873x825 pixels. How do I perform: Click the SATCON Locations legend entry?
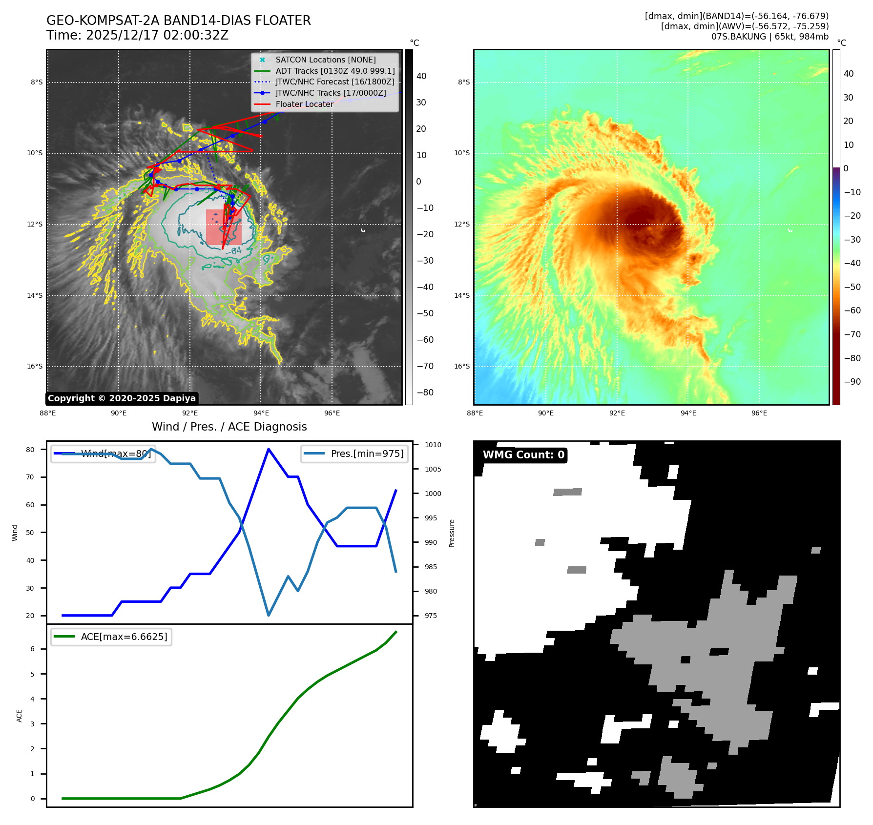point(325,60)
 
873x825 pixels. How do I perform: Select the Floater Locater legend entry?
point(304,104)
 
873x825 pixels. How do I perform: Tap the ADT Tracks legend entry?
point(335,71)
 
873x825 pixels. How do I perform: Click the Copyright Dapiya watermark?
point(122,398)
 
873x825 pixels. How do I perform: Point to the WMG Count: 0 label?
point(523,455)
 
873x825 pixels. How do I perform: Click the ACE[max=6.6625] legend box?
point(111,637)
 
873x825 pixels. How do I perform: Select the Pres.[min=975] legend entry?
point(354,454)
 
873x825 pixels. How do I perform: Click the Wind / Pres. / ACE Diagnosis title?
point(229,427)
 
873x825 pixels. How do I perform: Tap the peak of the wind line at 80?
point(269,449)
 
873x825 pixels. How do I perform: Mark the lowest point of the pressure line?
point(269,615)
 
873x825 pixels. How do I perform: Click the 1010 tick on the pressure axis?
point(433,445)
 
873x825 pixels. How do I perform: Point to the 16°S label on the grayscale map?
point(35,366)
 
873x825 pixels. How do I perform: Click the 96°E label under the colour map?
point(759,413)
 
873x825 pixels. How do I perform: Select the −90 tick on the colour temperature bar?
point(852,382)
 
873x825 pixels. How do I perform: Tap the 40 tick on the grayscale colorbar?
point(421,76)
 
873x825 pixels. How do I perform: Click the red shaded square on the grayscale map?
point(224,227)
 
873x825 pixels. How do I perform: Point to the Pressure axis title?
point(452,533)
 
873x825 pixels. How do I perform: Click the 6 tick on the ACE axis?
point(33,649)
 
